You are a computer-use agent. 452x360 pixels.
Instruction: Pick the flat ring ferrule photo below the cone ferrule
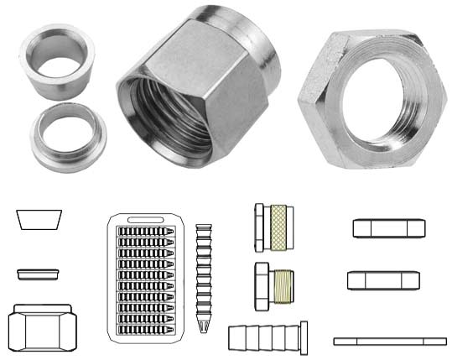click(x=66, y=135)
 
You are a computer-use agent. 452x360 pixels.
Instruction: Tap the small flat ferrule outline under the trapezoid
click(x=39, y=274)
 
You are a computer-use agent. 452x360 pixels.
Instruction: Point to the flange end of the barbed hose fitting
click(x=304, y=338)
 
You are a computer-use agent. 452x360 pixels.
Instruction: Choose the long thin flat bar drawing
click(x=390, y=341)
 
